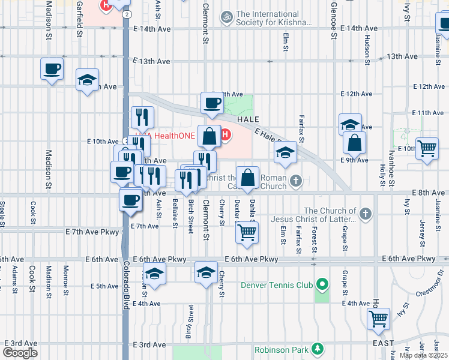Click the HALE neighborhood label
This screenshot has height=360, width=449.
247,120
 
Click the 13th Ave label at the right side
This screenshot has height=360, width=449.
402,56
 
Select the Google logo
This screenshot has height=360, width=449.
20,352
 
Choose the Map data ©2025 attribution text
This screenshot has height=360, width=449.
423,355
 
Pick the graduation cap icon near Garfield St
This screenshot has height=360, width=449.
88,80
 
